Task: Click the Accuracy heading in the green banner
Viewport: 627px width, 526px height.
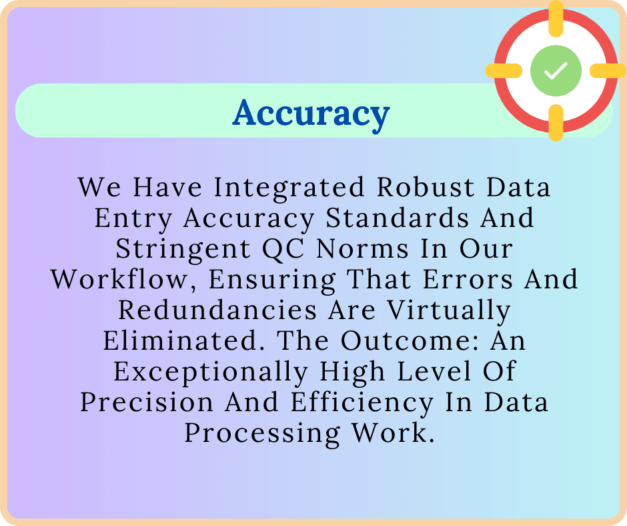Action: [x=311, y=113]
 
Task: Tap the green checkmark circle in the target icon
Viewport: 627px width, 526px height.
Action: [x=556, y=71]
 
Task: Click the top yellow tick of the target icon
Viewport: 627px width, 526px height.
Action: [x=556, y=15]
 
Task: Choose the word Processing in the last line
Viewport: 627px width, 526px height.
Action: [x=262, y=433]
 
